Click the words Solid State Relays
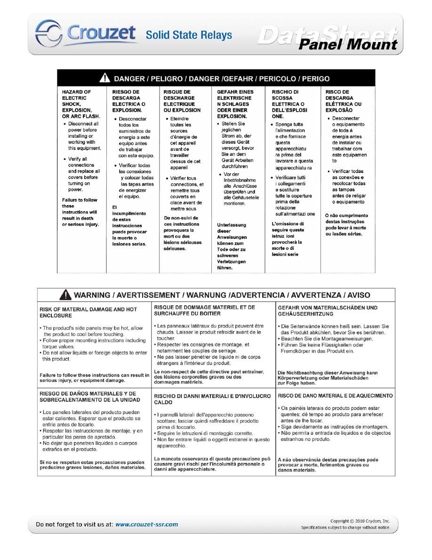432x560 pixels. point(189,35)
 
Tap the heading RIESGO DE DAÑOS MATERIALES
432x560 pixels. point(89,396)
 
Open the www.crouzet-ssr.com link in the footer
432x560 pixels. point(147,524)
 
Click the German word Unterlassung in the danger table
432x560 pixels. point(232,225)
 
